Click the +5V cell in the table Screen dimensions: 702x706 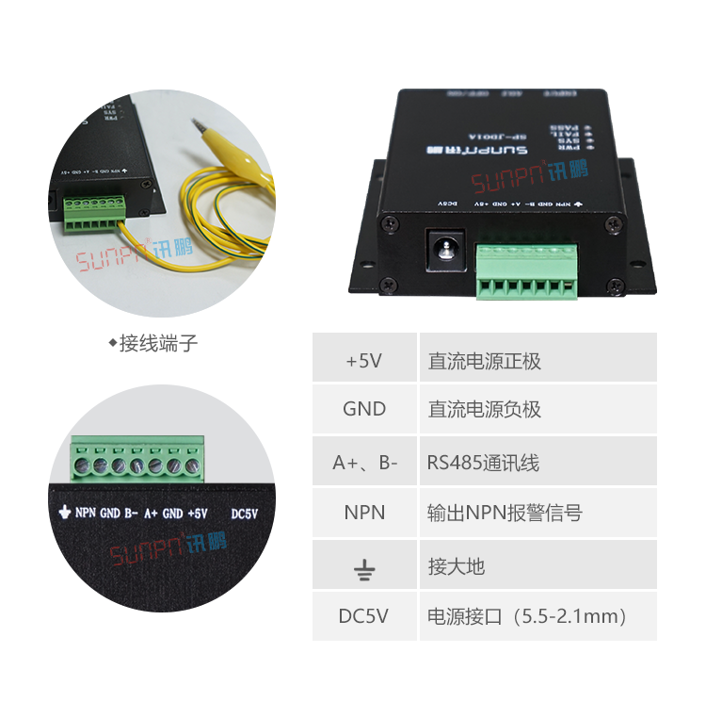(364, 360)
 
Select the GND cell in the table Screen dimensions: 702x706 (364, 409)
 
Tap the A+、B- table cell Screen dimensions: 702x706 (364, 463)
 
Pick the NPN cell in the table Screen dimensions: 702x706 (364, 513)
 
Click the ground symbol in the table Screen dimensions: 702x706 (364, 567)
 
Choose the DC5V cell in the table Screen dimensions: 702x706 (364, 616)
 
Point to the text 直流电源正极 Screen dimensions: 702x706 (485, 360)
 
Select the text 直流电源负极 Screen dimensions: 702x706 (485, 409)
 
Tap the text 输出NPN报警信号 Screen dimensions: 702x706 (505, 513)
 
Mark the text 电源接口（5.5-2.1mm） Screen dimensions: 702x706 (527, 616)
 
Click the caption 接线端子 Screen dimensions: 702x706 (158, 343)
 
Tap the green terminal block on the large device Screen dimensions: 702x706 (525, 272)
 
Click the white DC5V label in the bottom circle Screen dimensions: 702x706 (244, 514)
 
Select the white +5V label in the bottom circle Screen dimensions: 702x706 (197, 514)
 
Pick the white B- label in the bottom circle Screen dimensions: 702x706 (131, 514)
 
